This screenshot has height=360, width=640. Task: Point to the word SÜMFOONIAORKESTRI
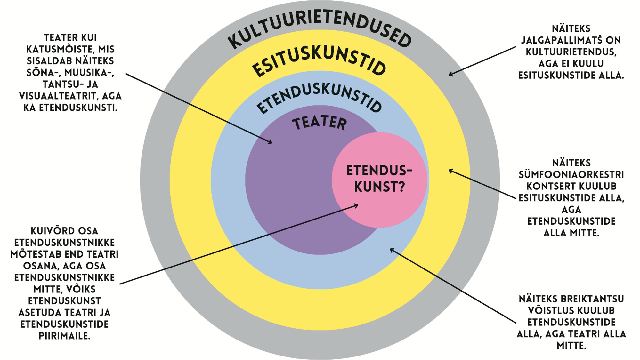[x=571, y=175]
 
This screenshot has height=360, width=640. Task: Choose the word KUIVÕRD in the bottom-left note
[x=48, y=231]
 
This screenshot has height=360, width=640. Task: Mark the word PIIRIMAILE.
[x=64, y=336]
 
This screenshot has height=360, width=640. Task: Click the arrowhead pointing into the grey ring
[x=450, y=75]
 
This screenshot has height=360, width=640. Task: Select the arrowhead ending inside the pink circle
[x=356, y=205]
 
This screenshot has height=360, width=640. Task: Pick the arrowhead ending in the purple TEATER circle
[x=271, y=142]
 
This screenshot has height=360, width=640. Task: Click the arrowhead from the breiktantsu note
[x=391, y=250]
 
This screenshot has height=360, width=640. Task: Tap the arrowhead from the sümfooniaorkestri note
[x=450, y=170]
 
